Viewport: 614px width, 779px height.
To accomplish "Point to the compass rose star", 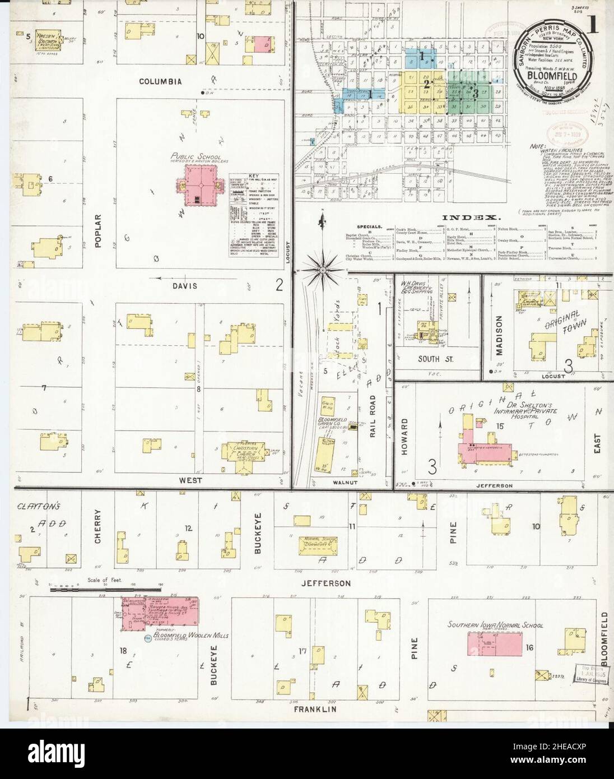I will pos(323,270).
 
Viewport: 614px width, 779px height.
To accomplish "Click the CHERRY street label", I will pos(99,527).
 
